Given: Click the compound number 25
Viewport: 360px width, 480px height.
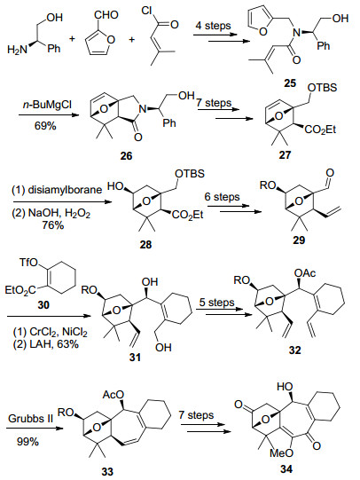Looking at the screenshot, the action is point(290,83).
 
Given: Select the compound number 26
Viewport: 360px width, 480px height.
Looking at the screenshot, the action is point(126,156).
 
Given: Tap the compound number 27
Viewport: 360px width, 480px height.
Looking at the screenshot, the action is point(285,154).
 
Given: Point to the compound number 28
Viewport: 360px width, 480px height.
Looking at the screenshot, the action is point(145,245).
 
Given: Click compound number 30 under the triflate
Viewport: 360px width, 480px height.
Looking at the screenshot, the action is point(43,304).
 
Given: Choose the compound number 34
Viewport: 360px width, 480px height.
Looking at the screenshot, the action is point(286,468).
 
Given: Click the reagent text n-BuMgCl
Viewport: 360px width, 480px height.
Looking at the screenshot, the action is point(47,105).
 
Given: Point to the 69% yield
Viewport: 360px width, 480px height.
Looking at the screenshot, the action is point(45,125).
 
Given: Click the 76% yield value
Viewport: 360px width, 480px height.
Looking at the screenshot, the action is point(53,225).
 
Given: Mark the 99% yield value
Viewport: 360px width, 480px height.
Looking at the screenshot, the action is point(27,442).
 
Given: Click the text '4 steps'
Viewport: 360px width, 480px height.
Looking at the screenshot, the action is point(213,26).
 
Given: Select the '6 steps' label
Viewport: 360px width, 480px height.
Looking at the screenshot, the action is point(222,197).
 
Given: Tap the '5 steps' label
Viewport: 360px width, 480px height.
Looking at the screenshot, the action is point(217,303).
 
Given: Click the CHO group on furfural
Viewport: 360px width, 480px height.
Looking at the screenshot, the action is point(106,15).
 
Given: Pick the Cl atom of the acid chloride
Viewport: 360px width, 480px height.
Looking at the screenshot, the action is point(146,11).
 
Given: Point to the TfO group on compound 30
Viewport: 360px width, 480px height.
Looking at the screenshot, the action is point(28,263).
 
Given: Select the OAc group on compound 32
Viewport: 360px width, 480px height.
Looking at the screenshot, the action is point(305,273).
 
